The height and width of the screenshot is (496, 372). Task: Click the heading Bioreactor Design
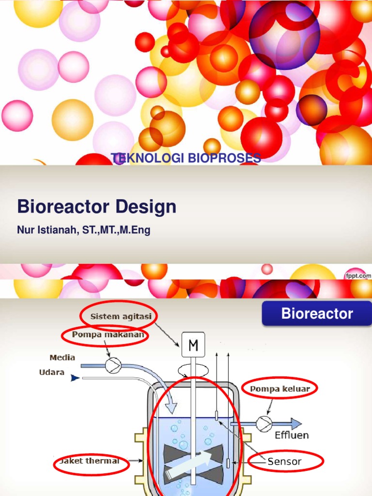(96, 207)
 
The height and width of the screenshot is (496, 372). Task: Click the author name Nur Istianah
(83, 231)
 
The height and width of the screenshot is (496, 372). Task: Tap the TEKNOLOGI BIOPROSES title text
(186, 158)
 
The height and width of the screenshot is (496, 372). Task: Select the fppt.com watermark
(357, 275)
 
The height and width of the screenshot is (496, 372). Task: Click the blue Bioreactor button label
(317, 313)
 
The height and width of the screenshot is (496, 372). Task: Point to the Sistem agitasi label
(121, 316)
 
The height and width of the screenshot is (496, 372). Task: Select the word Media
(62, 357)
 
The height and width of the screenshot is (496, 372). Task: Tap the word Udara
(52, 372)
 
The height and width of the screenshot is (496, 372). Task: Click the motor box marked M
(193, 345)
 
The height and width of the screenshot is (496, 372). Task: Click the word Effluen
(292, 435)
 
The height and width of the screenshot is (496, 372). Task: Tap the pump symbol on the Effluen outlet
(263, 423)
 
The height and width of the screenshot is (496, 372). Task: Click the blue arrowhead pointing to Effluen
(295, 423)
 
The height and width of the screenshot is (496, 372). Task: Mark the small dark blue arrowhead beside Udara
(75, 376)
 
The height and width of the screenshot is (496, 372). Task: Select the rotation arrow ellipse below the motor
(192, 371)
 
